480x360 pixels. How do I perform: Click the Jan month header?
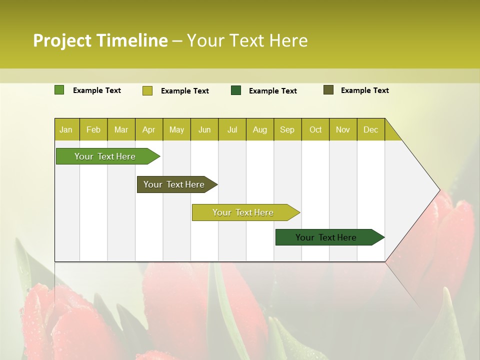pyautogui.click(x=66, y=129)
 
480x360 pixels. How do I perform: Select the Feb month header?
pyautogui.click(x=93, y=129)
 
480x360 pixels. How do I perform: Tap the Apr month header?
pyautogui.click(x=149, y=129)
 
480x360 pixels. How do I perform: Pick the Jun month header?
pyautogui.click(x=204, y=129)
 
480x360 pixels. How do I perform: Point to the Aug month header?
pyautogui.click(x=260, y=129)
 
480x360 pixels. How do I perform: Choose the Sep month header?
pyautogui.click(x=287, y=129)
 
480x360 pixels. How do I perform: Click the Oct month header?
pyautogui.click(x=315, y=129)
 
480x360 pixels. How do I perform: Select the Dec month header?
pyautogui.click(x=371, y=129)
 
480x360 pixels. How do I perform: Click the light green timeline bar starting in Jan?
pyautogui.click(x=105, y=156)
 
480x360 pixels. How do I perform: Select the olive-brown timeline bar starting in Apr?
pyautogui.click(x=174, y=184)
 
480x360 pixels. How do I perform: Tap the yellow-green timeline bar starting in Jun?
pyautogui.click(x=243, y=212)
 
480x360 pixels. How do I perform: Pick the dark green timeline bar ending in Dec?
pyautogui.click(x=326, y=237)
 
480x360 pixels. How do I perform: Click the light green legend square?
pyautogui.click(x=59, y=90)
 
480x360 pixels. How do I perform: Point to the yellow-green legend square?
pyautogui.click(x=147, y=90)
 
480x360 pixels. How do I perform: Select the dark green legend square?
pyautogui.click(x=236, y=90)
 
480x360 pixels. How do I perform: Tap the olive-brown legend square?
pyautogui.click(x=328, y=90)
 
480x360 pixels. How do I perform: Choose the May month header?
pyautogui.click(x=176, y=129)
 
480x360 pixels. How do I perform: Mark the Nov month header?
pyautogui.click(x=343, y=129)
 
